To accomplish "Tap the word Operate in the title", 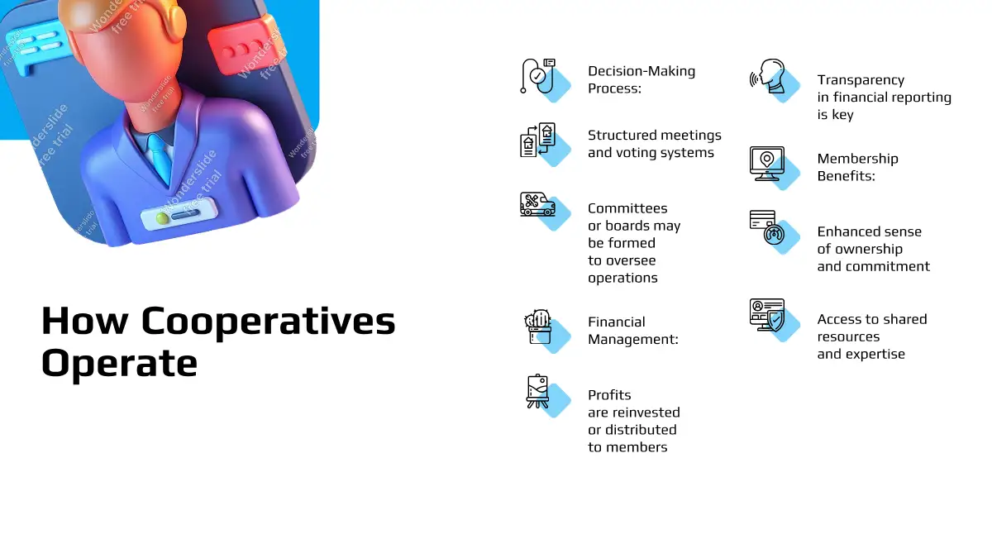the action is point(119,363).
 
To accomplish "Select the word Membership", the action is point(857,159).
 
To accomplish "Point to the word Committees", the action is point(627,208).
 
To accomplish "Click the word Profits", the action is point(609,394).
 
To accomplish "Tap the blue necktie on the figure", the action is point(160,158).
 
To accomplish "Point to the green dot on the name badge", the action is point(162,218).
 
